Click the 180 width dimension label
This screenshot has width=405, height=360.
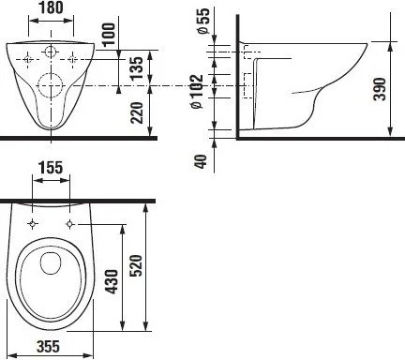[52, 9]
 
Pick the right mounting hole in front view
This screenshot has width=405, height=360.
[72, 58]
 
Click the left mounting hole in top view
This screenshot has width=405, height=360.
[34, 224]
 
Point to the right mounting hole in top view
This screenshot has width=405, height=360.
[71, 224]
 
